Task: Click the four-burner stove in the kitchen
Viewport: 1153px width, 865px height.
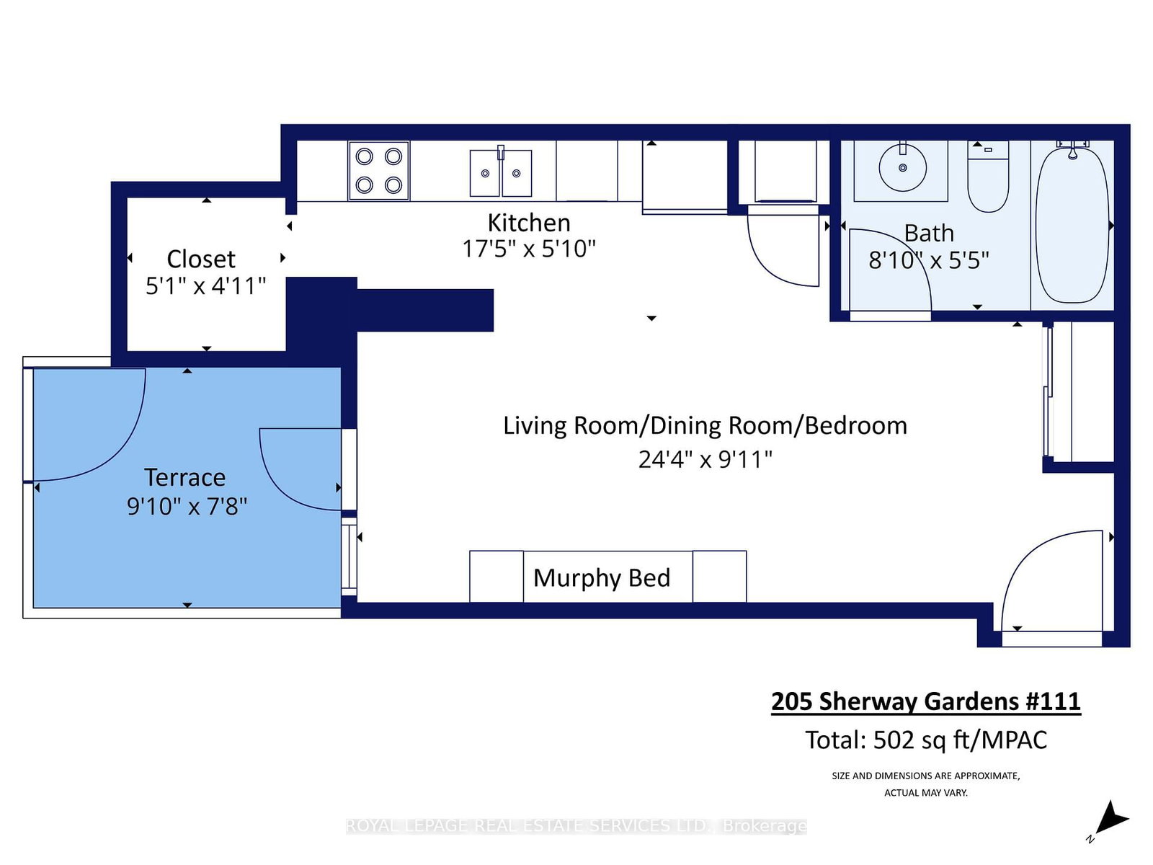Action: point(379,171)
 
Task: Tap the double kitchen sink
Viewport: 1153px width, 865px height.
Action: point(501,173)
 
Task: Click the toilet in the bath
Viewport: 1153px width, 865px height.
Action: point(987,180)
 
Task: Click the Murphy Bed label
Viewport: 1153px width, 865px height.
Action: point(602,577)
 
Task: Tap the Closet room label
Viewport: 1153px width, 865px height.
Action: point(201,259)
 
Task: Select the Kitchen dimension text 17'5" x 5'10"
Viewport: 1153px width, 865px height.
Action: point(529,249)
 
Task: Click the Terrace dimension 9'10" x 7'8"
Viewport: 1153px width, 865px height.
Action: point(187,506)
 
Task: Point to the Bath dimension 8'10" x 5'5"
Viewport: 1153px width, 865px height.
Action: point(928,259)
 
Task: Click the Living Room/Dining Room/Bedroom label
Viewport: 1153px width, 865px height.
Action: point(705,425)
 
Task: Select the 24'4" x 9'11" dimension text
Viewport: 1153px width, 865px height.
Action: point(705,459)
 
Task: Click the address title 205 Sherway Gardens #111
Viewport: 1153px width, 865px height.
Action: point(925,701)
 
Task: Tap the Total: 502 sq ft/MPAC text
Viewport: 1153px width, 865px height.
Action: point(925,740)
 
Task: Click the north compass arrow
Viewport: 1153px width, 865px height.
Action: point(1110,819)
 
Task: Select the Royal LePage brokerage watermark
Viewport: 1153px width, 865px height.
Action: point(576,825)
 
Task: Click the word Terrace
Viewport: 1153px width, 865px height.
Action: point(184,477)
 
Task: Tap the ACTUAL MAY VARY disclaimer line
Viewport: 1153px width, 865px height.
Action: point(925,792)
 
